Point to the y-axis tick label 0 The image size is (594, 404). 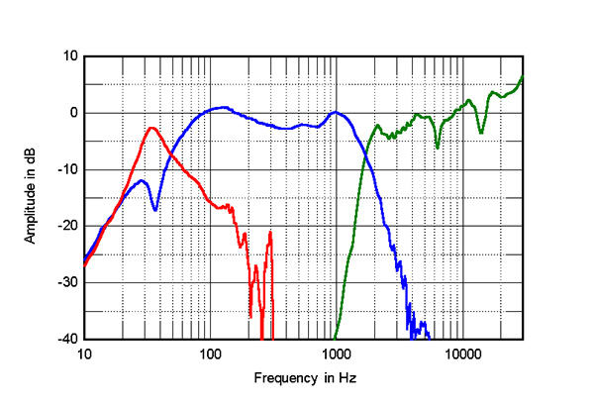tap(72, 113)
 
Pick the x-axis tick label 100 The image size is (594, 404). tap(210, 353)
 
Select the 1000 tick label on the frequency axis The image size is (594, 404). tap(336, 353)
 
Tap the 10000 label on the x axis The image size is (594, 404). tap(461, 353)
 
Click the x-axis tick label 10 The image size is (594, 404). tap(84, 353)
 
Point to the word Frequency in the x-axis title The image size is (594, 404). tap(285, 378)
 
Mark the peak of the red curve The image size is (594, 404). tap(152, 128)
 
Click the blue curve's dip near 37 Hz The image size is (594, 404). tap(155, 209)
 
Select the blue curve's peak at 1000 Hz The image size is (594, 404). tap(336, 112)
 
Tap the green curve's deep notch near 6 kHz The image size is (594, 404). tap(437, 148)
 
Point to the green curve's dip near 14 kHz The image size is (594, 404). tap(481, 133)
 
